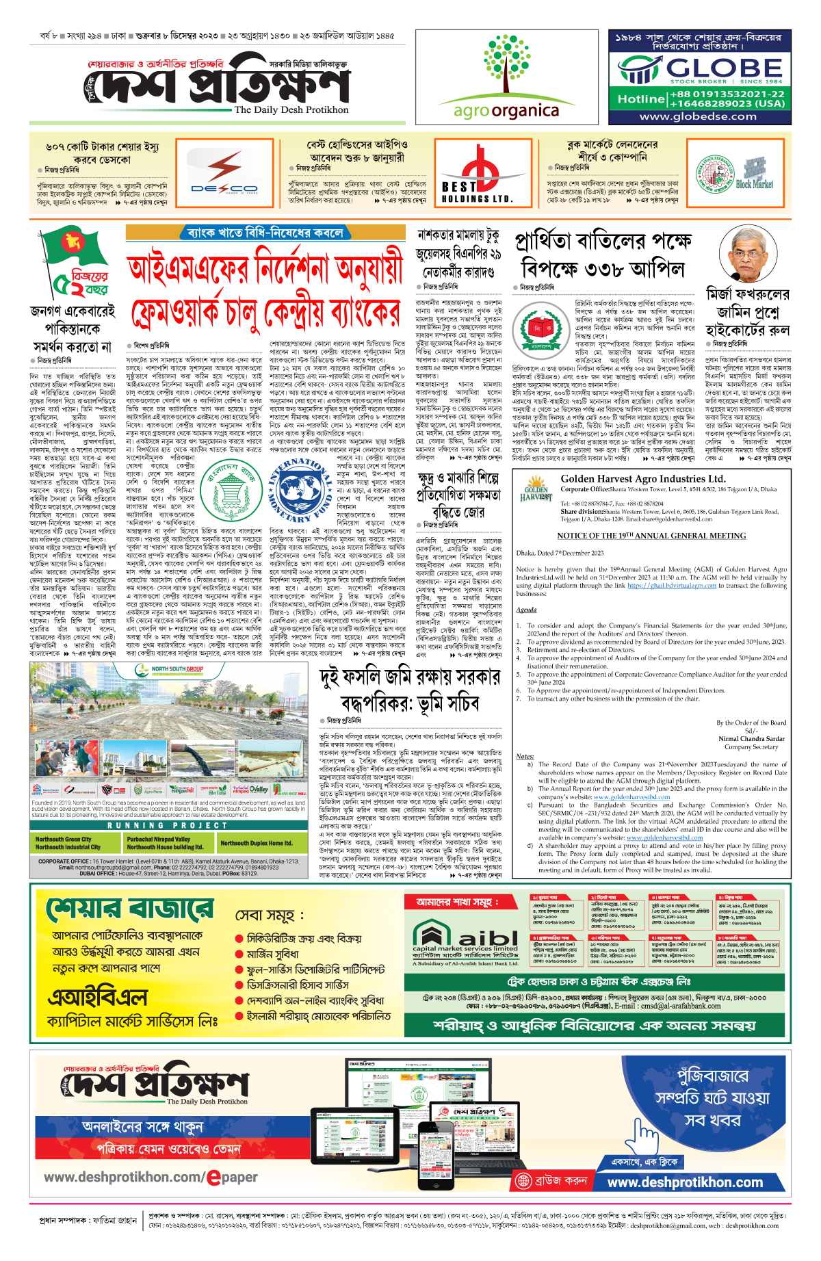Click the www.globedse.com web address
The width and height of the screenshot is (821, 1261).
click(698, 116)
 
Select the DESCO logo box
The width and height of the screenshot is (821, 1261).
click(224, 174)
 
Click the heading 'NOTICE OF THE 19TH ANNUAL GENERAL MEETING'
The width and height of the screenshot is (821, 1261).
click(651, 536)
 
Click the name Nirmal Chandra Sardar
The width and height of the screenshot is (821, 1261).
click(751, 739)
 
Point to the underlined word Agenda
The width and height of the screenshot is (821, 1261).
click(526, 610)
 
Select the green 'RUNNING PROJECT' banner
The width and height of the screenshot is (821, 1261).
click(168, 825)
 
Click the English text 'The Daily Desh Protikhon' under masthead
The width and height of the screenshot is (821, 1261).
click(291, 109)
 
